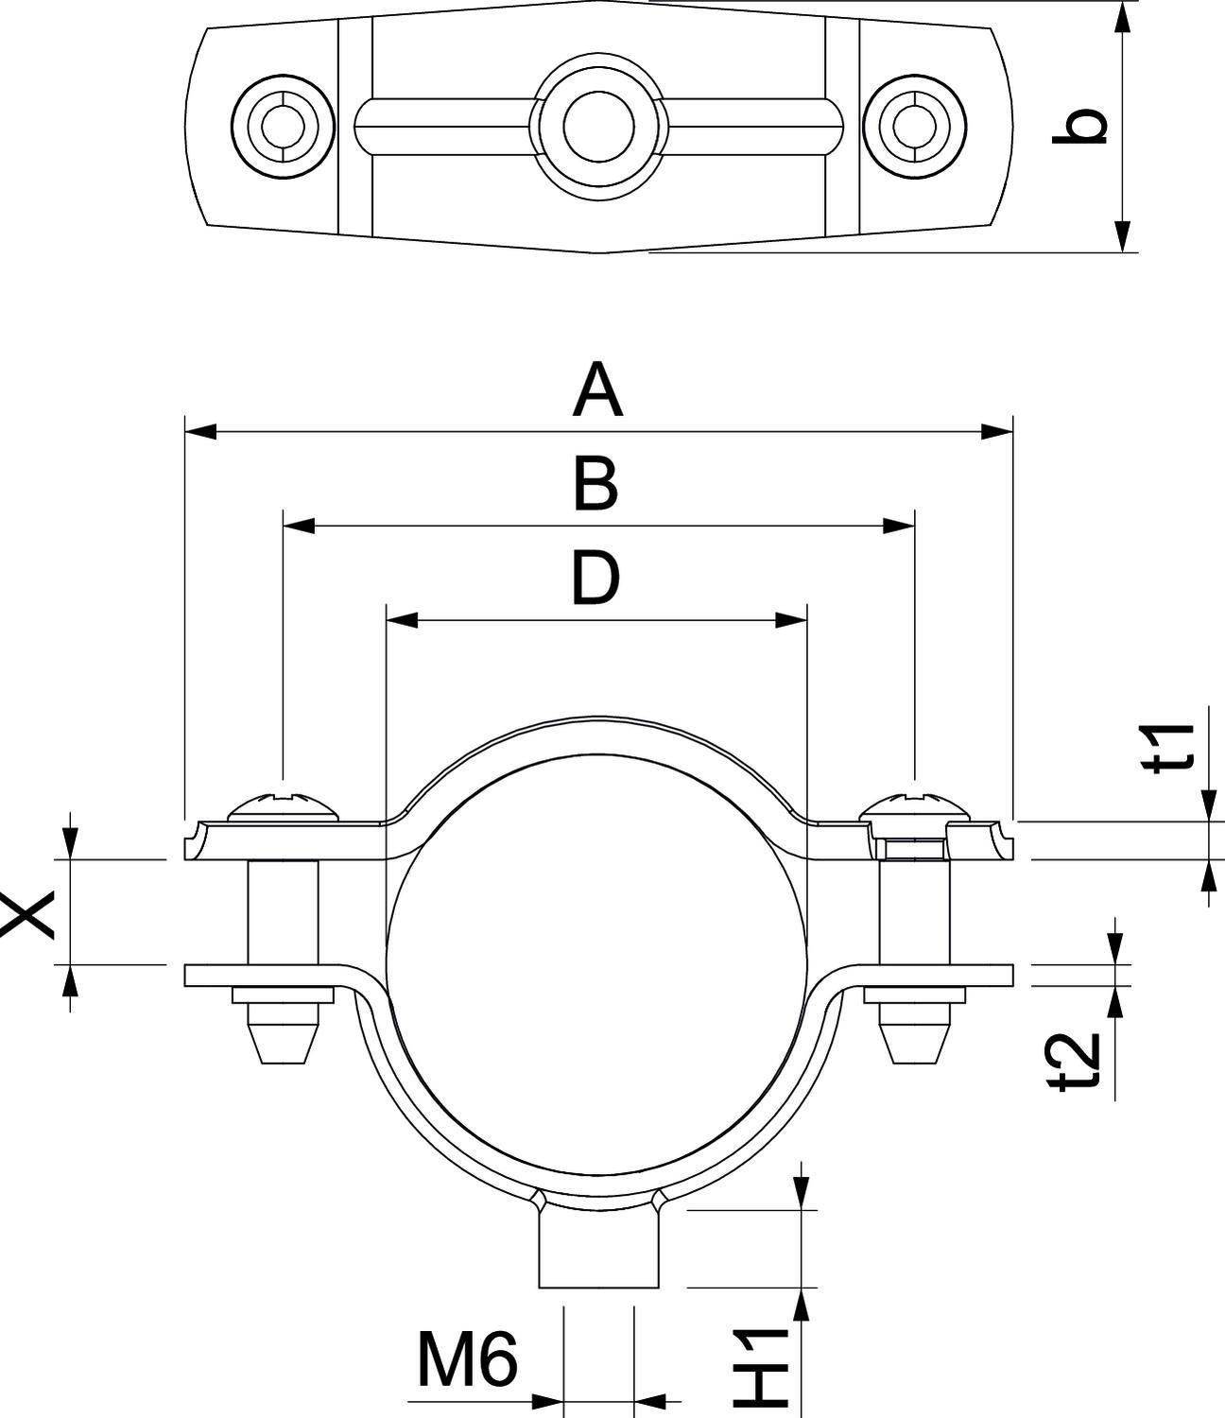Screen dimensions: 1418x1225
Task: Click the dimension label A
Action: coord(597,393)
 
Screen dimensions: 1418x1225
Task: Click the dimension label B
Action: coord(596,485)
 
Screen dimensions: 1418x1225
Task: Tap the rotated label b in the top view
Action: coord(1079,127)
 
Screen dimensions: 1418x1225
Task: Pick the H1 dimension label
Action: coord(763,1365)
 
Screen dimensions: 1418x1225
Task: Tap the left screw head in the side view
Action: coord(283,806)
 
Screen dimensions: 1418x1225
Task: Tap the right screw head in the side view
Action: coord(914,806)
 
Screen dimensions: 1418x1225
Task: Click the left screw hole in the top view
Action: coord(283,126)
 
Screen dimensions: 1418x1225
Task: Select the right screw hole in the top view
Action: coord(914,126)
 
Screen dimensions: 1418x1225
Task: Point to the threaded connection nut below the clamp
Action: coord(597,1248)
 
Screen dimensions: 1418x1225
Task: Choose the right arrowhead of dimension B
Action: coord(898,526)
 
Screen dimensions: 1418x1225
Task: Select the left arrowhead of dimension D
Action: coord(403,620)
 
